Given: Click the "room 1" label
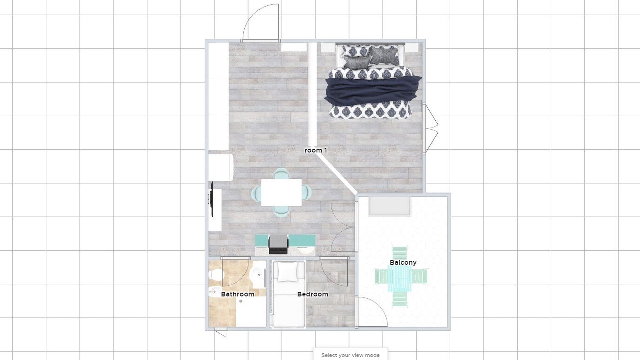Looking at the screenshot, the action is coord(315,150).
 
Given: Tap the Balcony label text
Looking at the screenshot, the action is coord(403,262).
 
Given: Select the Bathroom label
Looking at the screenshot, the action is coord(237,294).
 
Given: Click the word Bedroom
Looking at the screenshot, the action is coord(313,294).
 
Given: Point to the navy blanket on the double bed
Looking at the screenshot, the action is coord(373,89).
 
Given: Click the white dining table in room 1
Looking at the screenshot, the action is coord(281,192).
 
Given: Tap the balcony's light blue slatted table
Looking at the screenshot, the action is coord(400,279).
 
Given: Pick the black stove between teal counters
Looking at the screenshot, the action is coord(278,245).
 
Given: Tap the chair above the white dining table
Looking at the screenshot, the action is coord(281,173).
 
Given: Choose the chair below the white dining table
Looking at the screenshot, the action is coord(281,211).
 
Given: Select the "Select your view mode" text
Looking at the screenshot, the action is coord(350,355).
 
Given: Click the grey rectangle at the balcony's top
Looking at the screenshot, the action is coord(390,206).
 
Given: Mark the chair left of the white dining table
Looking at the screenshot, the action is coord(256,193).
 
